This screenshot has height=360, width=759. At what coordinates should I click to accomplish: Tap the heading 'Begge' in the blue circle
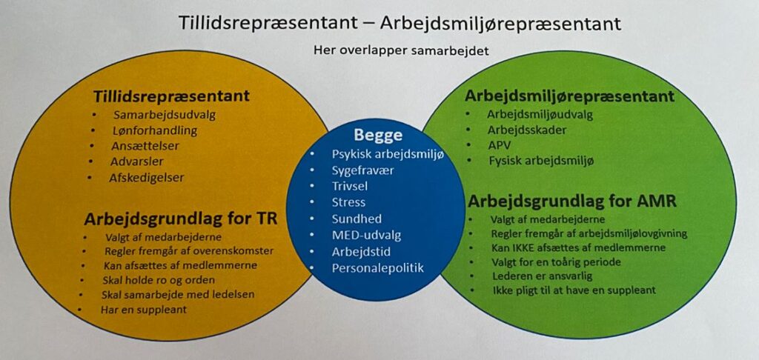pos(378,134)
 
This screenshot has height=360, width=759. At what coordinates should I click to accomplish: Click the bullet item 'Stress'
pos(348,202)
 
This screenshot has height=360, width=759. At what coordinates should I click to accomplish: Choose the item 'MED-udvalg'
pos(366,235)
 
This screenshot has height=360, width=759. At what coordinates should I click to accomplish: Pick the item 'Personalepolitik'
pos(377,268)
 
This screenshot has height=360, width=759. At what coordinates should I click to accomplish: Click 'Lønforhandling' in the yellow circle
pos(155,130)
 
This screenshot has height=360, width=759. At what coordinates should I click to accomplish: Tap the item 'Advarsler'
pos(137,161)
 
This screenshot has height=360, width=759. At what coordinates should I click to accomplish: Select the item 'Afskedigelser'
pos(147,178)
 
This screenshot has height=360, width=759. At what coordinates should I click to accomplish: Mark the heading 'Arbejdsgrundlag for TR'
pos(181,219)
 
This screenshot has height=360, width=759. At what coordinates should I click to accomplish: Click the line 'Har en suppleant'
pos(143,310)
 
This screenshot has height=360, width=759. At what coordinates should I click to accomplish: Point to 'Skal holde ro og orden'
pos(159,280)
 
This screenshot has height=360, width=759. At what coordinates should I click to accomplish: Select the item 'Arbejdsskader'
pos(527,130)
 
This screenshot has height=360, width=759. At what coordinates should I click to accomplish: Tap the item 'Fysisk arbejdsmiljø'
pos(540,160)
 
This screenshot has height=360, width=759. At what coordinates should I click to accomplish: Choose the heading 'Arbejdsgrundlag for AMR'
pos(572,201)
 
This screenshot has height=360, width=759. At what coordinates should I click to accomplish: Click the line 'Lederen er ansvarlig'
pos(542,276)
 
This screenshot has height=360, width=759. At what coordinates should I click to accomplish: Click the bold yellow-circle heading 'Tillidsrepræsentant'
pos(171,96)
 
